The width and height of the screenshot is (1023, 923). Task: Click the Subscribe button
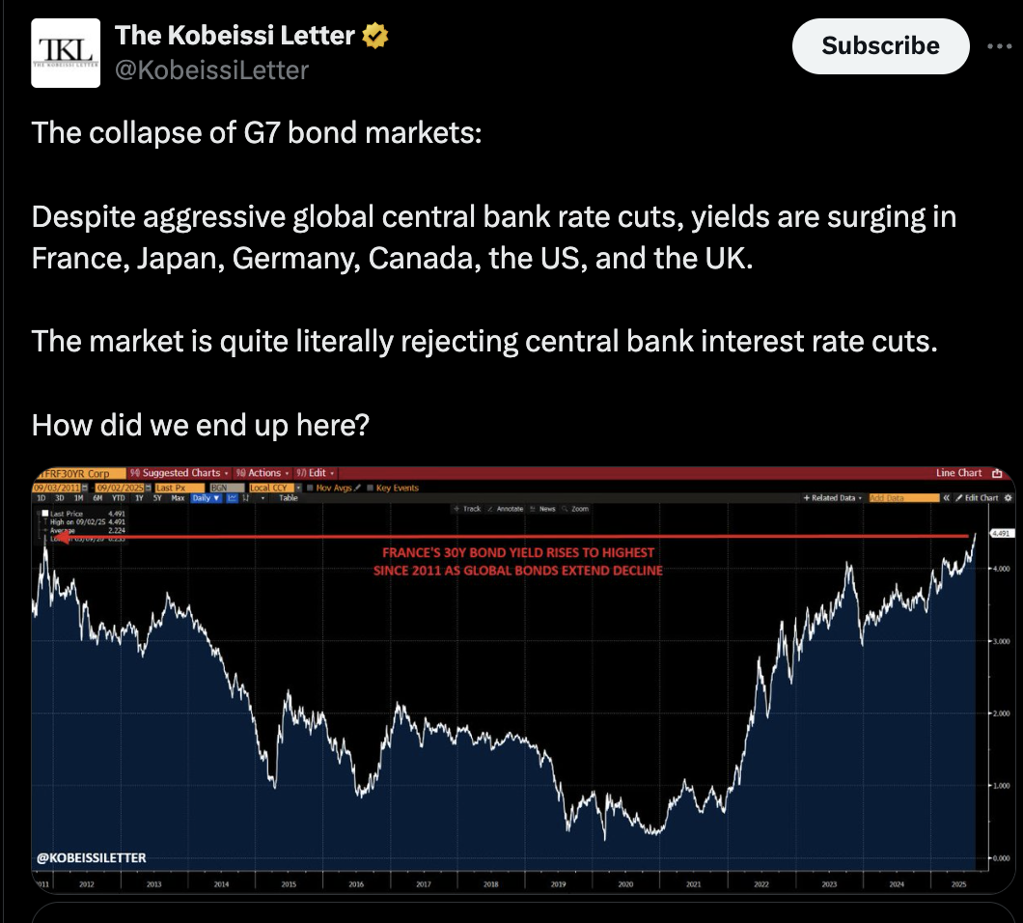pos(880,46)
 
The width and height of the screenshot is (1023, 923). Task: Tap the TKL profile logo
pos(66,54)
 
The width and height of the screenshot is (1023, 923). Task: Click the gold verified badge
pos(375,37)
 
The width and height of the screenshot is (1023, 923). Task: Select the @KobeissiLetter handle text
pos(211,70)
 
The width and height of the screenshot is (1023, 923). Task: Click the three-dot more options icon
pos(1001,46)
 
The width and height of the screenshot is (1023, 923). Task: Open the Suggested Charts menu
pos(180,473)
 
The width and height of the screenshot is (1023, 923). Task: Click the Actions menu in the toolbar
pos(263,473)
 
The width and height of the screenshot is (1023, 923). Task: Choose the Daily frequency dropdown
pos(206,498)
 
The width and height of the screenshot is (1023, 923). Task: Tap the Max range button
pos(178,498)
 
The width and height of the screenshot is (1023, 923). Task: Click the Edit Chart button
pos(982,498)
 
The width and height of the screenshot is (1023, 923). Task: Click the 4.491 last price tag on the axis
pos(999,532)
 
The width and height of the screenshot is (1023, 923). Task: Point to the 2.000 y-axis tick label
pos(1000,713)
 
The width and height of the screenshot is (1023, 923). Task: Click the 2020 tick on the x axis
pos(625,884)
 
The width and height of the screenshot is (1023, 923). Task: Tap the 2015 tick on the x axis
pos(289,884)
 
